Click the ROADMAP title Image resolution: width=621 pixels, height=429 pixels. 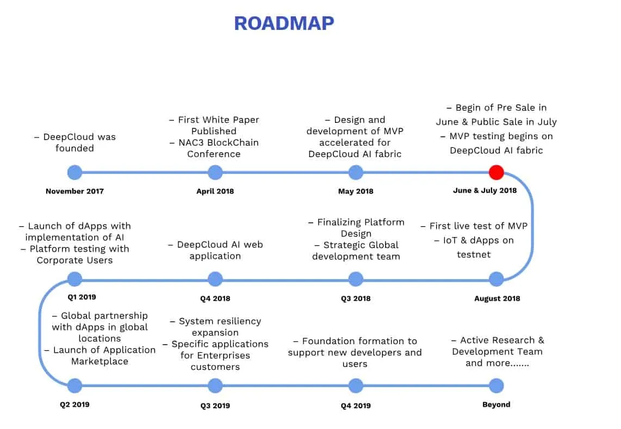point(284,23)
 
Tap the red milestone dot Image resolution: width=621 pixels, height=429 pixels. point(496,172)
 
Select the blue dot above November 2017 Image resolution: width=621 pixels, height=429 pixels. point(74,172)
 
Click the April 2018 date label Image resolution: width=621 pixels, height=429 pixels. point(215,191)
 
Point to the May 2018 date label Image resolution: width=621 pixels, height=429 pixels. point(356,191)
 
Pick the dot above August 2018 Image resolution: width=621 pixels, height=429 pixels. point(496,279)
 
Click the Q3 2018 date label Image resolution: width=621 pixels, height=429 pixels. point(356,299)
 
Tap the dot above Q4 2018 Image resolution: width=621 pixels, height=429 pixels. point(215,279)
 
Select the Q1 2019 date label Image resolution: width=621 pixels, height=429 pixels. point(82,297)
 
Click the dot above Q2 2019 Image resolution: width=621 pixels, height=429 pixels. point(74,386)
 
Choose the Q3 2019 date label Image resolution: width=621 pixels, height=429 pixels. point(215,406)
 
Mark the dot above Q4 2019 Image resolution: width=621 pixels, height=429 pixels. point(356,386)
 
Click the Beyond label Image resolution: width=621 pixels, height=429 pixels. point(496,405)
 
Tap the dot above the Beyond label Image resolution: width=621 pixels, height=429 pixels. point(496,386)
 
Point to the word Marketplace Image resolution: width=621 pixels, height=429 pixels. point(100,361)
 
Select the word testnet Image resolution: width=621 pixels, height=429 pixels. point(474,254)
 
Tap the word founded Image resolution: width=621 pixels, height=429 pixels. point(74,148)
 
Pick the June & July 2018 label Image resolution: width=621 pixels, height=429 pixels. point(485,190)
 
